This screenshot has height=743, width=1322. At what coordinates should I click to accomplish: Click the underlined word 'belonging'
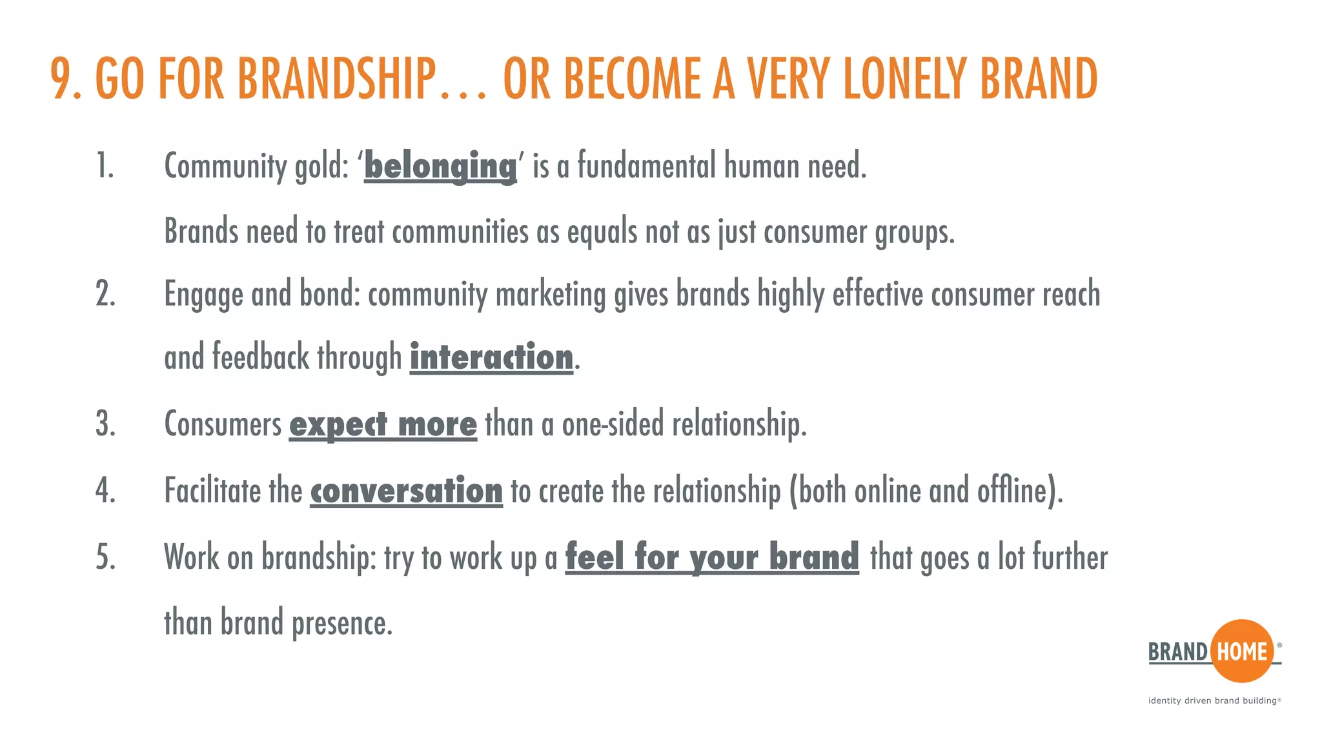coord(440,166)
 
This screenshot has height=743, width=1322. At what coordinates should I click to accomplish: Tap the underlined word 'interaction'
coord(491,358)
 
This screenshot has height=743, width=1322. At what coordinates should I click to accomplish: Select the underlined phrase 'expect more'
coord(383,424)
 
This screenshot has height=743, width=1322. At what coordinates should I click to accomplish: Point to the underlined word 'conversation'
coord(406,491)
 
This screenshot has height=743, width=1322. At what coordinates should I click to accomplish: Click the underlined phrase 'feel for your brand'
coord(712,557)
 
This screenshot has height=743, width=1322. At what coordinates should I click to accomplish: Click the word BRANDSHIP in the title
coord(337,79)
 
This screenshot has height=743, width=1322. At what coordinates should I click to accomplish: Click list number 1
coord(105,166)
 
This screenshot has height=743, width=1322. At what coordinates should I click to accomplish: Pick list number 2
coord(105,294)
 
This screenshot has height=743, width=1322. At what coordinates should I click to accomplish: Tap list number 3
coord(105,424)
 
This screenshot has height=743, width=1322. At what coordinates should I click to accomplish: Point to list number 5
coord(105,557)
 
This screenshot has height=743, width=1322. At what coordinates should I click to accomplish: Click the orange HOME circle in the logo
coord(1242,651)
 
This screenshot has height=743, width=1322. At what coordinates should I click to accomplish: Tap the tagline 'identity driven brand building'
coord(1214,700)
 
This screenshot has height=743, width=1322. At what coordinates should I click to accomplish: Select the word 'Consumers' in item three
coord(223,424)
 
